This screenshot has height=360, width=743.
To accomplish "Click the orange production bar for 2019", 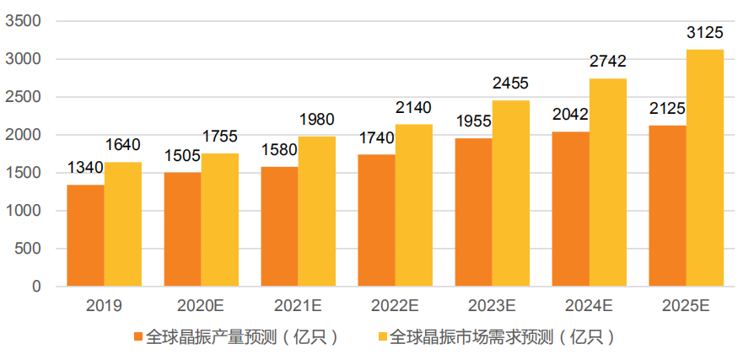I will (x=85, y=236).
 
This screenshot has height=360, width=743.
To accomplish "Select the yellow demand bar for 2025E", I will (x=704, y=169).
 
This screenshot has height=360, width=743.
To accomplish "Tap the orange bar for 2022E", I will (x=376, y=221).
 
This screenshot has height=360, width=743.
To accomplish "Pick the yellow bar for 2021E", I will (x=316, y=212).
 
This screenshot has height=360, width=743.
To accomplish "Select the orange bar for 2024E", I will (x=570, y=209).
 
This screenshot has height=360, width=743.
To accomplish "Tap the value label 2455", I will (x=511, y=84).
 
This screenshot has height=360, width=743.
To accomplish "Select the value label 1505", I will (x=182, y=157).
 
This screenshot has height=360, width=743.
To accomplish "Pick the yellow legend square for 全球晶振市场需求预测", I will (x=382, y=337).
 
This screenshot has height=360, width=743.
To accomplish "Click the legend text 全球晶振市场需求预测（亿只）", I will (x=501, y=337).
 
